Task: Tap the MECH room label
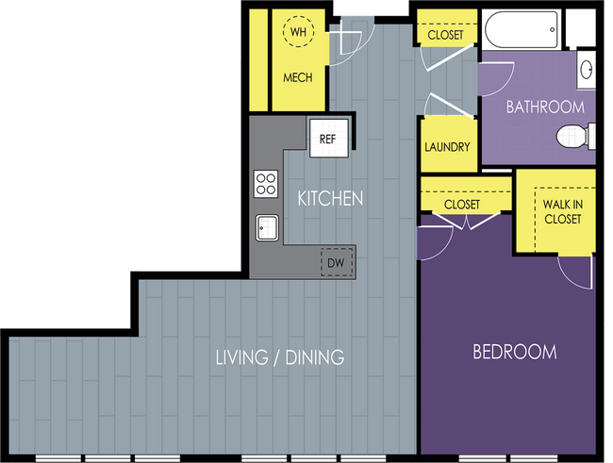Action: [x=298, y=77]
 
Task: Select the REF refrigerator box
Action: [x=329, y=138]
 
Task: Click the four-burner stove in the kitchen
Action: [x=266, y=184]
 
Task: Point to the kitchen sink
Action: [x=268, y=227]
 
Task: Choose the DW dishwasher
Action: [x=337, y=262]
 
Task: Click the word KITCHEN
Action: [x=330, y=199]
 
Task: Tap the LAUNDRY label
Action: [x=447, y=147]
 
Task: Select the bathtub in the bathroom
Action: [x=522, y=30]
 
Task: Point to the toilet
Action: [x=575, y=136]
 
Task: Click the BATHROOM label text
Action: [x=545, y=107]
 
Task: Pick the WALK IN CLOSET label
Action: [x=563, y=211]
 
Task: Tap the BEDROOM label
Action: [x=515, y=352]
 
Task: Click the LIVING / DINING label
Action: [x=280, y=357]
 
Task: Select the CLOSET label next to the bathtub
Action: [x=445, y=35]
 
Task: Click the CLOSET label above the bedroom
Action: [x=462, y=204]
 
